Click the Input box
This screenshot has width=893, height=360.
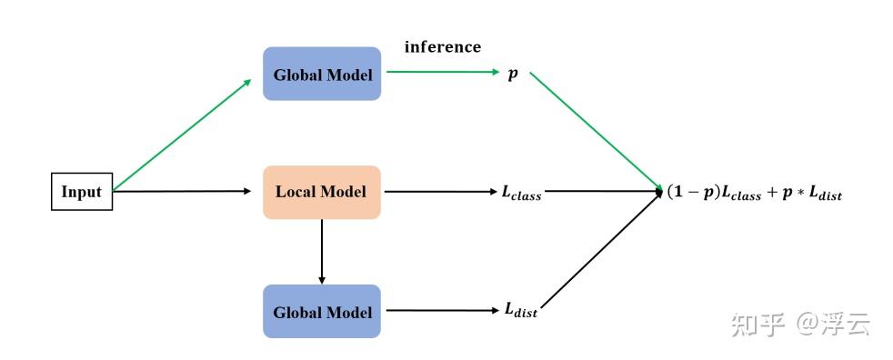click(82, 192)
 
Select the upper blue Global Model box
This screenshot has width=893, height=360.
click(322, 74)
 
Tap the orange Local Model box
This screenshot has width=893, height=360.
click(321, 192)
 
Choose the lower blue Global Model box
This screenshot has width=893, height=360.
click(322, 311)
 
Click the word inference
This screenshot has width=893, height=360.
click(443, 47)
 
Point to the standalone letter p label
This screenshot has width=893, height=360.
click(513, 74)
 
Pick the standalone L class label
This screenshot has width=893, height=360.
click(521, 193)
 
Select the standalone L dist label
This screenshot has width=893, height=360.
click(520, 311)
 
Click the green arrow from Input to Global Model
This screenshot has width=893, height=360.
click(182, 135)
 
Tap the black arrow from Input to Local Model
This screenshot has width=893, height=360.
click(182, 192)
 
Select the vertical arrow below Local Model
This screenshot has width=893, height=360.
click(322, 251)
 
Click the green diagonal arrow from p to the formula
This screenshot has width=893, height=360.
click(596, 132)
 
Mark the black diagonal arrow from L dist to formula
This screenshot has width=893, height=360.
click(602, 252)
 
